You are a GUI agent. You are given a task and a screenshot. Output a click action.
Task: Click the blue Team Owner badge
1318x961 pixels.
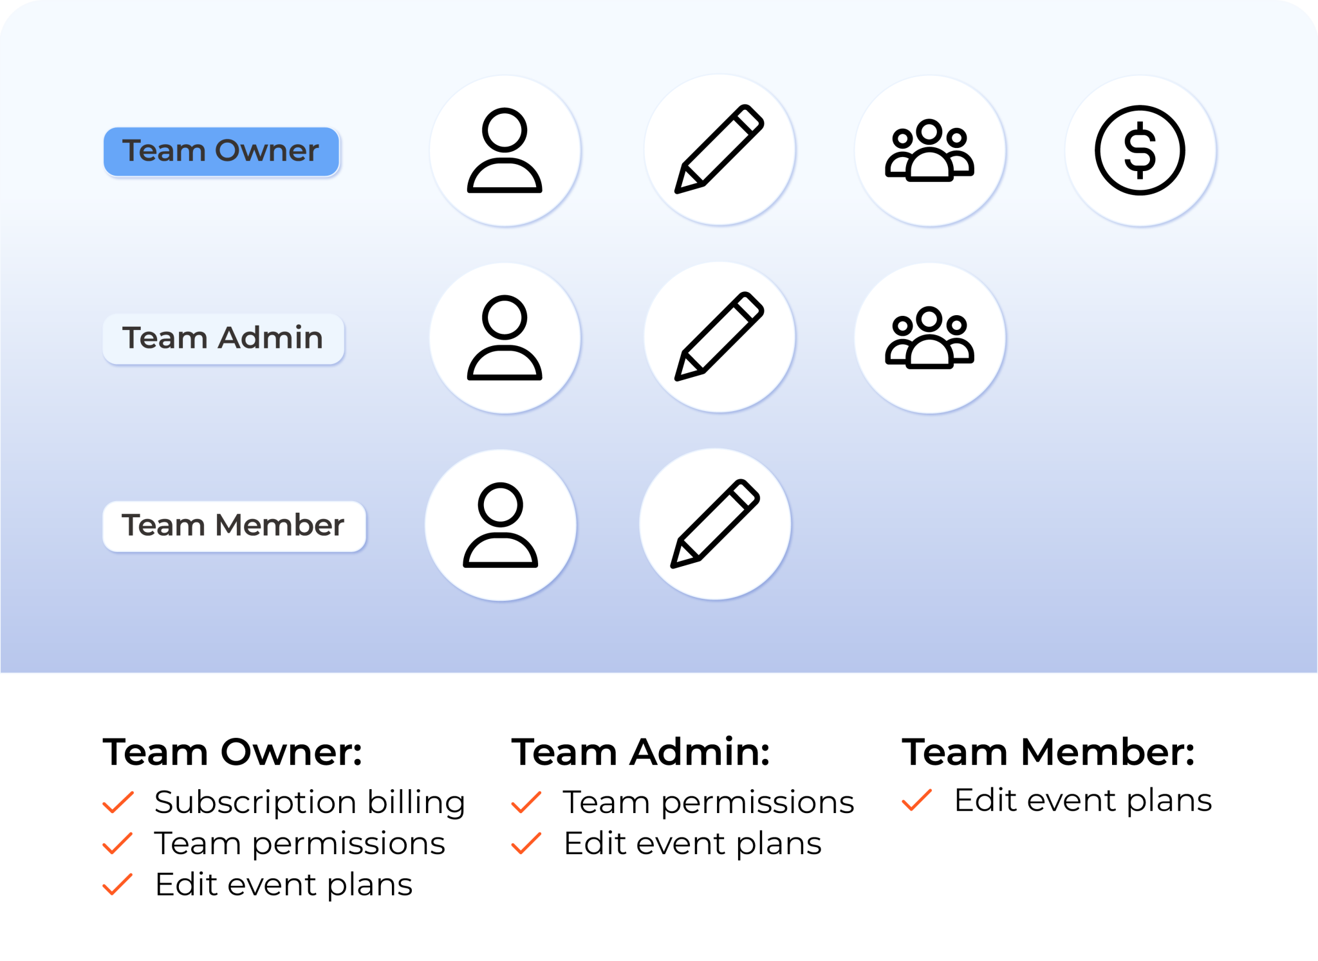(221, 151)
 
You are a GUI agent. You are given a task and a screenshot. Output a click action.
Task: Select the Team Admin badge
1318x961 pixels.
(223, 338)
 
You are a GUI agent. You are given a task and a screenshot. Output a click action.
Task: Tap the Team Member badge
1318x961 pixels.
(234, 526)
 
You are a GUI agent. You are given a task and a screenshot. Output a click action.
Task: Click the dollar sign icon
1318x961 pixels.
(1140, 151)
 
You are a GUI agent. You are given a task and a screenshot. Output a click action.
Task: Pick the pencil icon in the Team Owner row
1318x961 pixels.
(719, 149)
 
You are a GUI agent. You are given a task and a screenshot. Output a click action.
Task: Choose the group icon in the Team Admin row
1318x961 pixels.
(929, 338)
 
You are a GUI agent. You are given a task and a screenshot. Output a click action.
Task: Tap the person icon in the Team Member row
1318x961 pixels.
(500, 525)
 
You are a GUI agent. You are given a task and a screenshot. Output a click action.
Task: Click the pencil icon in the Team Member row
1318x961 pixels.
(715, 524)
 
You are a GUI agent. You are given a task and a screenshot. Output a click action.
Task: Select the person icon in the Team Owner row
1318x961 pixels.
(505, 151)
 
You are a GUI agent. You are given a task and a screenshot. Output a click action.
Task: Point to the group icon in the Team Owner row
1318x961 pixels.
(929, 151)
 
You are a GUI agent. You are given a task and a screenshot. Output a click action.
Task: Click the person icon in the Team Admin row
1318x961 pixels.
(505, 338)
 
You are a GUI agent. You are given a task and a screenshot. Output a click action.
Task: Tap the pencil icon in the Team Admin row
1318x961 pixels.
(719, 337)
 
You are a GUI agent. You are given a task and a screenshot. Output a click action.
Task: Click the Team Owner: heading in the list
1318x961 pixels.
(232, 751)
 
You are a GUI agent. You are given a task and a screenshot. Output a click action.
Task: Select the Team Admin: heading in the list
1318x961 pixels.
(640, 751)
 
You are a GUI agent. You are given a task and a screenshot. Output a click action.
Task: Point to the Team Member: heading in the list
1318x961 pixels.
(1048, 751)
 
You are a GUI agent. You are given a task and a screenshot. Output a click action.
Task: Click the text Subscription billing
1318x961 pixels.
(310, 802)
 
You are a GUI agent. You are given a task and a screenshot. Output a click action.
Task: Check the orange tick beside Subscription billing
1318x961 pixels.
(118, 802)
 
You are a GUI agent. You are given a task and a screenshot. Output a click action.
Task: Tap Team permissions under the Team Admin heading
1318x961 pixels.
(709, 802)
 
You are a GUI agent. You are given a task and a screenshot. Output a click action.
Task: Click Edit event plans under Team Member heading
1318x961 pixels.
(1082, 800)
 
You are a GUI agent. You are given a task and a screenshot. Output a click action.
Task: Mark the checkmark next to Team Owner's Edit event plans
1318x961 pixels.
(118, 884)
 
